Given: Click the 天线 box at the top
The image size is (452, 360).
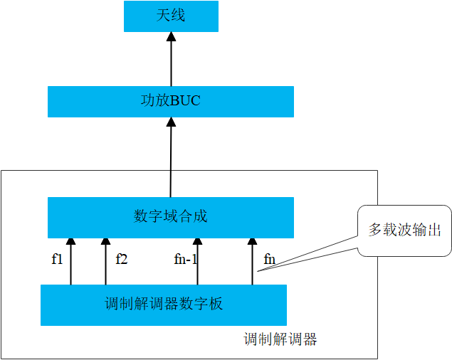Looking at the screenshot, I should [171, 16].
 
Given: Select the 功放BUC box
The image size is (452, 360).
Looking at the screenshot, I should [171, 101].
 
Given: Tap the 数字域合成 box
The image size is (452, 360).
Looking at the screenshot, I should [171, 217].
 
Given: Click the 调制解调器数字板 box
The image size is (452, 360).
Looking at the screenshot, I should [164, 305].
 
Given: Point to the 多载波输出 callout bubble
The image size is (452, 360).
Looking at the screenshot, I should [404, 231].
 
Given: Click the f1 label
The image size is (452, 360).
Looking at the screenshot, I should [58, 259].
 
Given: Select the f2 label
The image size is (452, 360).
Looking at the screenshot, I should [121, 259].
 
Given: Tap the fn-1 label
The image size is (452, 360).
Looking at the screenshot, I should [185, 259].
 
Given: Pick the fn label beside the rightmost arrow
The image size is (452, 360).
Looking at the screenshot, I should [269, 259].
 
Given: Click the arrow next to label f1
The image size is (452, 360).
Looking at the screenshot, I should [70, 262].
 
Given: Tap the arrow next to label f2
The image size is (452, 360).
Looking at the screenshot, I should [105, 262].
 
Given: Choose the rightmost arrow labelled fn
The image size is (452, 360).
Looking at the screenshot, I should [252, 262].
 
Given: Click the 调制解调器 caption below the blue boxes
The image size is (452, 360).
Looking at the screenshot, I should [280, 339].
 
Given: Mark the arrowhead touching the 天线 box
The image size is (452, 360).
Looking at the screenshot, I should [171, 38].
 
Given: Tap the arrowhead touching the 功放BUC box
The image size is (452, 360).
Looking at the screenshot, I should [171, 122].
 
